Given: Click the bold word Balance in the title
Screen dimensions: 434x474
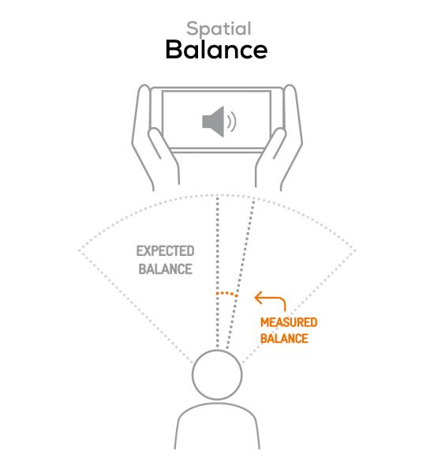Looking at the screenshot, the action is click(x=216, y=50).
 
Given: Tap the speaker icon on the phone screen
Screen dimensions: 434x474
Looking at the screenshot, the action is click(x=214, y=122).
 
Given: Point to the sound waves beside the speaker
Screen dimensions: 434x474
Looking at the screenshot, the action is click(x=232, y=122).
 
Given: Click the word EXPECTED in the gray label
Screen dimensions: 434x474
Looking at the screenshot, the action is click(x=165, y=251).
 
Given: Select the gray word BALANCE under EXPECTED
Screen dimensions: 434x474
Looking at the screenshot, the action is click(x=166, y=269).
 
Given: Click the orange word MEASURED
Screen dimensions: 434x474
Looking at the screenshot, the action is click(x=289, y=322).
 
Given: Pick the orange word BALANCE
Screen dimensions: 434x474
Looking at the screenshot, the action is click(x=284, y=338).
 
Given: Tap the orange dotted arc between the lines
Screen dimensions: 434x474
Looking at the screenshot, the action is click(x=226, y=293).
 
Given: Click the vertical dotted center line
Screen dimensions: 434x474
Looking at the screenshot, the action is click(x=217, y=271).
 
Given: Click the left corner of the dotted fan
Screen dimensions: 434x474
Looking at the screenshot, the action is click(x=80, y=250).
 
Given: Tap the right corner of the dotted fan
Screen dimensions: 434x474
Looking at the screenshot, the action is click(x=355, y=250).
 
